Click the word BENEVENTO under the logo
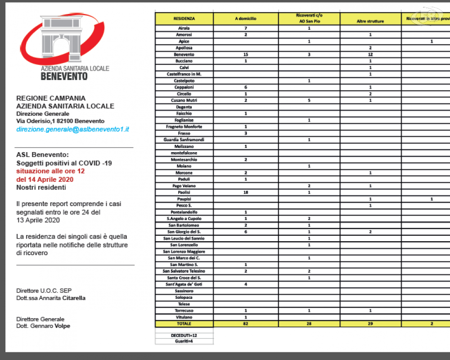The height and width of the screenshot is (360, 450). click(64, 76)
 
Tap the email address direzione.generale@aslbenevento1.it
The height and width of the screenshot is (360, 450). click(73, 129)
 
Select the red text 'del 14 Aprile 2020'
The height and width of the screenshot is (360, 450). click(45, 179)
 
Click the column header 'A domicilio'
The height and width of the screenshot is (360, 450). click(246, 19)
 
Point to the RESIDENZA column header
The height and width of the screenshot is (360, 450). click(184, 19)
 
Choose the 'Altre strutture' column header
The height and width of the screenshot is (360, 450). click(370, 21)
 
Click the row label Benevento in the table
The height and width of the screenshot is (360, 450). click(184, 54)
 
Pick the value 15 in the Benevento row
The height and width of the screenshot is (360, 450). click(246, 54)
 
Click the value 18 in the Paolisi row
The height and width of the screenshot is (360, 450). click(246, 193)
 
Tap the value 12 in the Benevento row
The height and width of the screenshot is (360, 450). click(370, 54)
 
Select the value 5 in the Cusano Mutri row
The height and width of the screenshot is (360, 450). click(309, 100)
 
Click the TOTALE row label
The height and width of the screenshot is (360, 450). click(184, 324)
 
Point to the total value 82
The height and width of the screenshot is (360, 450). click(246, 324)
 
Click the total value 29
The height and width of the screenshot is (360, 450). click(370, 324)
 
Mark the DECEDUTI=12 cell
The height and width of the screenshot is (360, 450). click(184, 335)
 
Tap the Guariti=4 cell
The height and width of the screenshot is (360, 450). click(184, 342)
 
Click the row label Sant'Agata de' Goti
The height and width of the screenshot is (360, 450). click(184, 284)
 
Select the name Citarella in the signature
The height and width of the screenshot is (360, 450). click(74, 298)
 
